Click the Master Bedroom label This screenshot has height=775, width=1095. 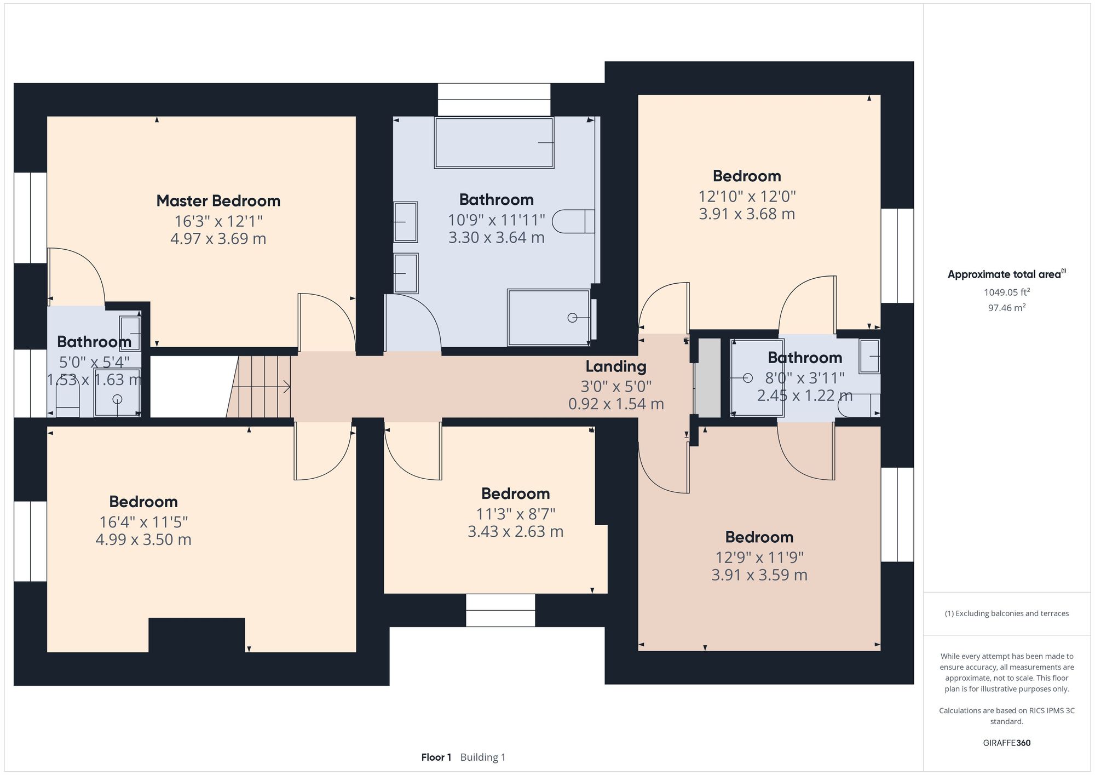(x=218, y=201)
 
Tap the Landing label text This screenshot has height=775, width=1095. (x=616, y=366)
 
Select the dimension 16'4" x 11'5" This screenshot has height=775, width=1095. (x=143, y=522)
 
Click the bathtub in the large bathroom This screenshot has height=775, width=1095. (x=494, y=143)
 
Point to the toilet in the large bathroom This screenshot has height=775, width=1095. (x=573, y=222)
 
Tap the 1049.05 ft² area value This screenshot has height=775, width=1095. (x=1006, y=292)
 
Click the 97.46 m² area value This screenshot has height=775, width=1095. (x=1006, y=308)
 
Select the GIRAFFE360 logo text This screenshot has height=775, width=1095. (x=1006, y=743)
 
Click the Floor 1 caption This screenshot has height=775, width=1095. (x=436, y=757)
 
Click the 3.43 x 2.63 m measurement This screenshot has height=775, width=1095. (x=515, y=532)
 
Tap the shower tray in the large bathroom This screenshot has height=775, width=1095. (x=548, y=318)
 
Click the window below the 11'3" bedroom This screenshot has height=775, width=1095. (x=500, y=610)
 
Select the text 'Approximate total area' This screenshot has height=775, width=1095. (x=1004, y=275)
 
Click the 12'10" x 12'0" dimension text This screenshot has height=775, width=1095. (x=747, y=196)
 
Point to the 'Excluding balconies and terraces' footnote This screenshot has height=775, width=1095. (x=1006, y=613)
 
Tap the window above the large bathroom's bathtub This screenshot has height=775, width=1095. (x=494, y=100)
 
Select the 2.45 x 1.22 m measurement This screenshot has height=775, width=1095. (x=804, y=395)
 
